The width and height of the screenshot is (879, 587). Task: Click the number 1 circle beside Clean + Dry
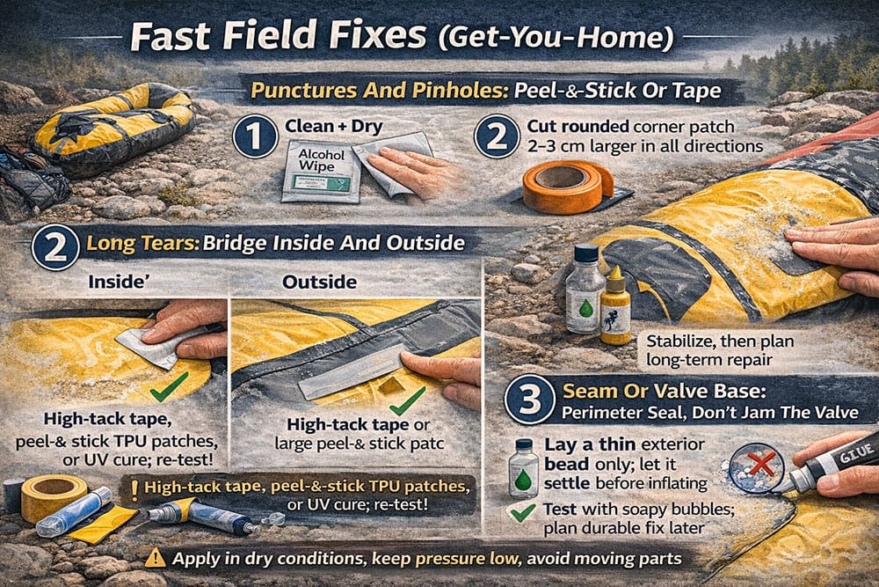tap(255, 137)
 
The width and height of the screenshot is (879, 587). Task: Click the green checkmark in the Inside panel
tap(169, 385)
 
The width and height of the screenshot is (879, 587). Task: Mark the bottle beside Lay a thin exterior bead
tap(523, 466)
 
